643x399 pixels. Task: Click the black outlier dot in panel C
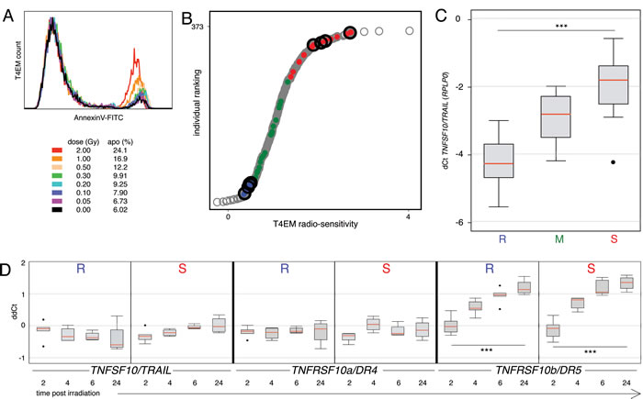[x=614, y=162]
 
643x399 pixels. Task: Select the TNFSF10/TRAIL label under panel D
[x=130, y=369]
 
